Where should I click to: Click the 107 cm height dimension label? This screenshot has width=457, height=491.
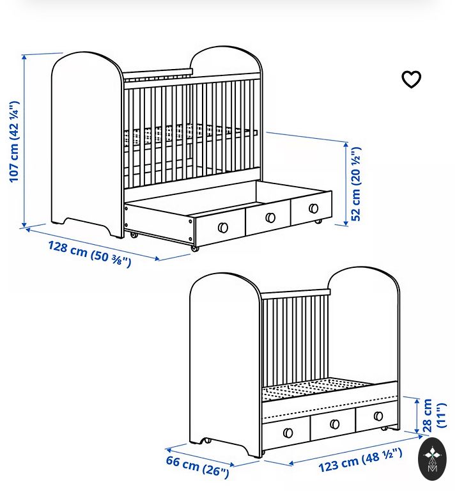[x=14, y=141]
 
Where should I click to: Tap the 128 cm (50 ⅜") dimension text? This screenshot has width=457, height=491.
[x=90, y=254]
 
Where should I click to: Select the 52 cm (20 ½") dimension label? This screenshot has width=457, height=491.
[x=356, y=184]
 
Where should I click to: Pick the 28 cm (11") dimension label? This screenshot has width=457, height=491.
[x=435, y=416]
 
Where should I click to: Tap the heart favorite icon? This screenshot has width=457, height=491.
[x=412, y=79]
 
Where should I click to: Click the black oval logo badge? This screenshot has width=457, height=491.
[x=432, y=459]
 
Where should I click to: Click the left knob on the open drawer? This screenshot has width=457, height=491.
[x=223, y=228]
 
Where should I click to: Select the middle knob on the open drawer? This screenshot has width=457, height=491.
[x=270, y=217]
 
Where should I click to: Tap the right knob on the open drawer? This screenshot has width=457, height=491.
[x=313, y=208]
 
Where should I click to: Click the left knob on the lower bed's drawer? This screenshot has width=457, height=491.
[x=288, y=433]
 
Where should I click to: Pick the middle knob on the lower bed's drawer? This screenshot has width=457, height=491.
[x=334, y=425]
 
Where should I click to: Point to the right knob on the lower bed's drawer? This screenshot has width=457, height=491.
[x=378, y=416]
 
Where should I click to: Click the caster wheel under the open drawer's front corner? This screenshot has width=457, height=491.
[x=195, y=248]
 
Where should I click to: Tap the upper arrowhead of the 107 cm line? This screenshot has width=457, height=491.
[x=24, y=57]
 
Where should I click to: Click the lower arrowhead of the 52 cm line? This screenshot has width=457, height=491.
[x=346, y=222]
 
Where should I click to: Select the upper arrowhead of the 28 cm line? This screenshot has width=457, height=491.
[x=417, y=401]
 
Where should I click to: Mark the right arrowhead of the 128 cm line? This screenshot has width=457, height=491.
[x=156, y=258]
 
